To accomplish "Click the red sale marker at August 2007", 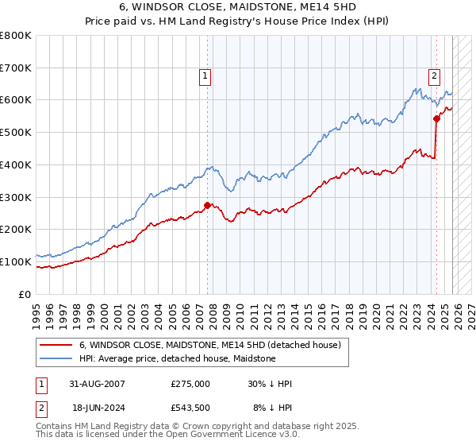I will click(207, 205).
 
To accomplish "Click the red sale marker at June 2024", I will click(436, 118).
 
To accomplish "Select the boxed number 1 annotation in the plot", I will click(205, 76).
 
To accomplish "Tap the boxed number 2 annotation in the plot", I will click(435, 76).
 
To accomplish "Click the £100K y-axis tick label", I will click(16, 261).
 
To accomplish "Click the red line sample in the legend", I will click(56, 345).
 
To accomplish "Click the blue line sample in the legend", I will click(56, 358).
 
